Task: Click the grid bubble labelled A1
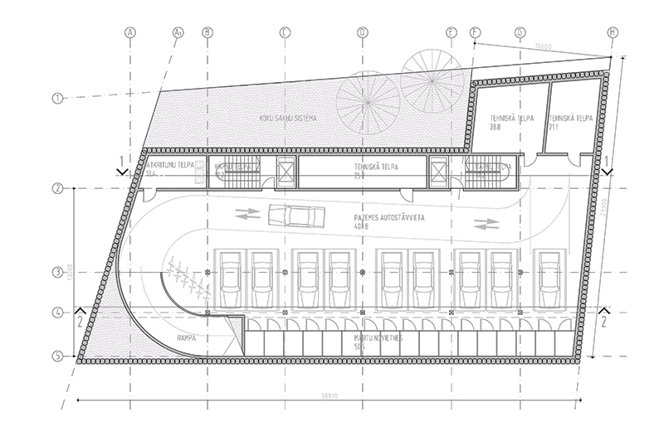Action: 178,32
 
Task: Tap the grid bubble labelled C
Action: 285,32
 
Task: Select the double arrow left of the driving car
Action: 247,214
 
